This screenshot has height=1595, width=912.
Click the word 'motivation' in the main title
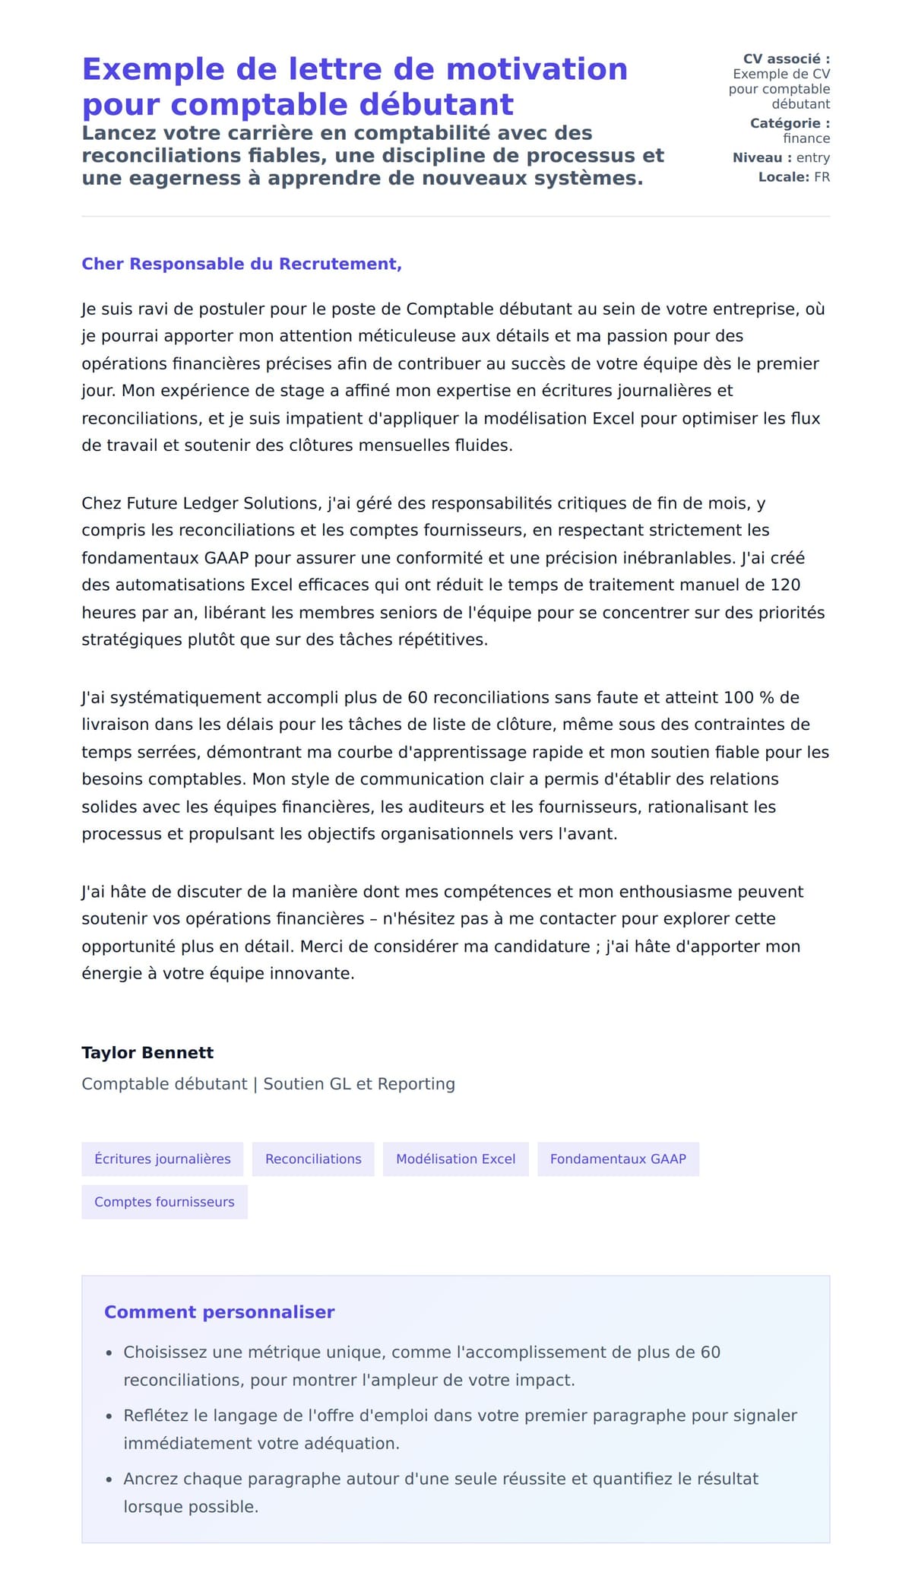tap(537, 69)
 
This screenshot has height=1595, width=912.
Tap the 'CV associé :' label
tap(786, 59)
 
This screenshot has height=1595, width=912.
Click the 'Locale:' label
tap(784, 177)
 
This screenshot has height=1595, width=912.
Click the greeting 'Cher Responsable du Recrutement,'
tap(242, 264)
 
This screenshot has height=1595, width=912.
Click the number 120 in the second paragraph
tap(785, 585)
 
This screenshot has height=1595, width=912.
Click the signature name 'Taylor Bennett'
tap(147, 1052)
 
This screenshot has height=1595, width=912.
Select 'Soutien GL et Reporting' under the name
tap(359, 1083)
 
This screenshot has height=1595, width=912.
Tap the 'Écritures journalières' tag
tap(162, 1159)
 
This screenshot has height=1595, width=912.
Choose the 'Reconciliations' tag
tap(313, 1159)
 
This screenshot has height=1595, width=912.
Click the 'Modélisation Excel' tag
tap(455, 1159)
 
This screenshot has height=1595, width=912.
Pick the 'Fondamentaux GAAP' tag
tap(618, 1159)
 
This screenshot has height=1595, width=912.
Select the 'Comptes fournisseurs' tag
tap(164, 1202)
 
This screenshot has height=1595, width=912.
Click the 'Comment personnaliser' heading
tap(219, 1311)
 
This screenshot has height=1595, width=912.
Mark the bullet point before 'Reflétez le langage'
tap(109, 1416)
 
